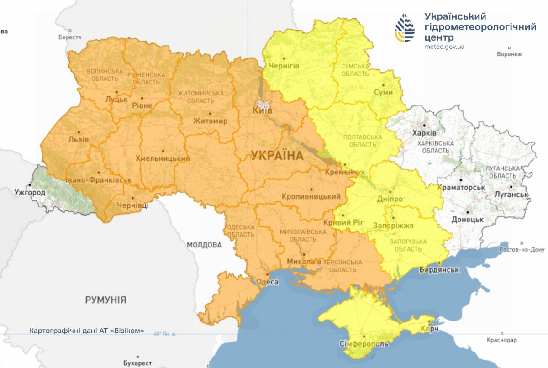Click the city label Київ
pyautogui.click(x=263, y=111)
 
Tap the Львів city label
pyautogui.click(x=78, y=139)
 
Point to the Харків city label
pyautogui.click(x=424, y=133)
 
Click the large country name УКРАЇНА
pyautogui.click(x=277, y=156)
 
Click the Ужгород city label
pyautogui.click(x=30, y=192)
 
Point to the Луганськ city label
pyautogui.click(x=511, y=195)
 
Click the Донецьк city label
pyautogui.click(x=467, y=220)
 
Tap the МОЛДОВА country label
pyautogui.click(x=204, y=245)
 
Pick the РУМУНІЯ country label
pyautogui.click(x=105, y=300)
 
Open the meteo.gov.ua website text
pyautogui.click(x=445, y=47)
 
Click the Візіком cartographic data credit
pyautogui.click(x=86, y=330)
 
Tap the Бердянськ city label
pyautogui.click(x=439, y=270)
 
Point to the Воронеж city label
pyautogui.click(x=509, y=54)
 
